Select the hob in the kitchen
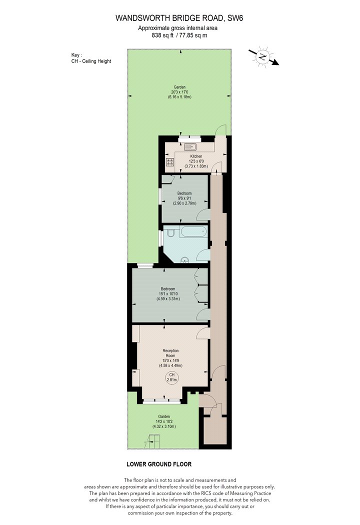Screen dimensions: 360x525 [170, 162]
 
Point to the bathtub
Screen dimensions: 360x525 [192, 231]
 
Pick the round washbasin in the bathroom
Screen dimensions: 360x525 [184, 260]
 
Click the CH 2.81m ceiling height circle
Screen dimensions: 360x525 [172, 377]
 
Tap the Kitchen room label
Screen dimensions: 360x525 [196, 156]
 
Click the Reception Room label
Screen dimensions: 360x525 [170, 353]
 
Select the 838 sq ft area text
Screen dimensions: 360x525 [162, 35]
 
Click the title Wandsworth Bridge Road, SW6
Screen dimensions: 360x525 [179, 18]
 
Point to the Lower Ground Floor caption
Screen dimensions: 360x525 [159, 464]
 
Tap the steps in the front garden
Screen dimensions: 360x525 [152, 441]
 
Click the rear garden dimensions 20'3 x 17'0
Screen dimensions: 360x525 [180, 92]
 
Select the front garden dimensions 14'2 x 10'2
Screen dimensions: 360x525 [164, 421]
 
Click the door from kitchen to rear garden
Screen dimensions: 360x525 [220, 130]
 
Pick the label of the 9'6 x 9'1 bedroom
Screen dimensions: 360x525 [184, 193]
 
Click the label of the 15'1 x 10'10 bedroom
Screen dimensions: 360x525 [168, 289]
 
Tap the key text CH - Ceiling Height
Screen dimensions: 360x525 [91, 61]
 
